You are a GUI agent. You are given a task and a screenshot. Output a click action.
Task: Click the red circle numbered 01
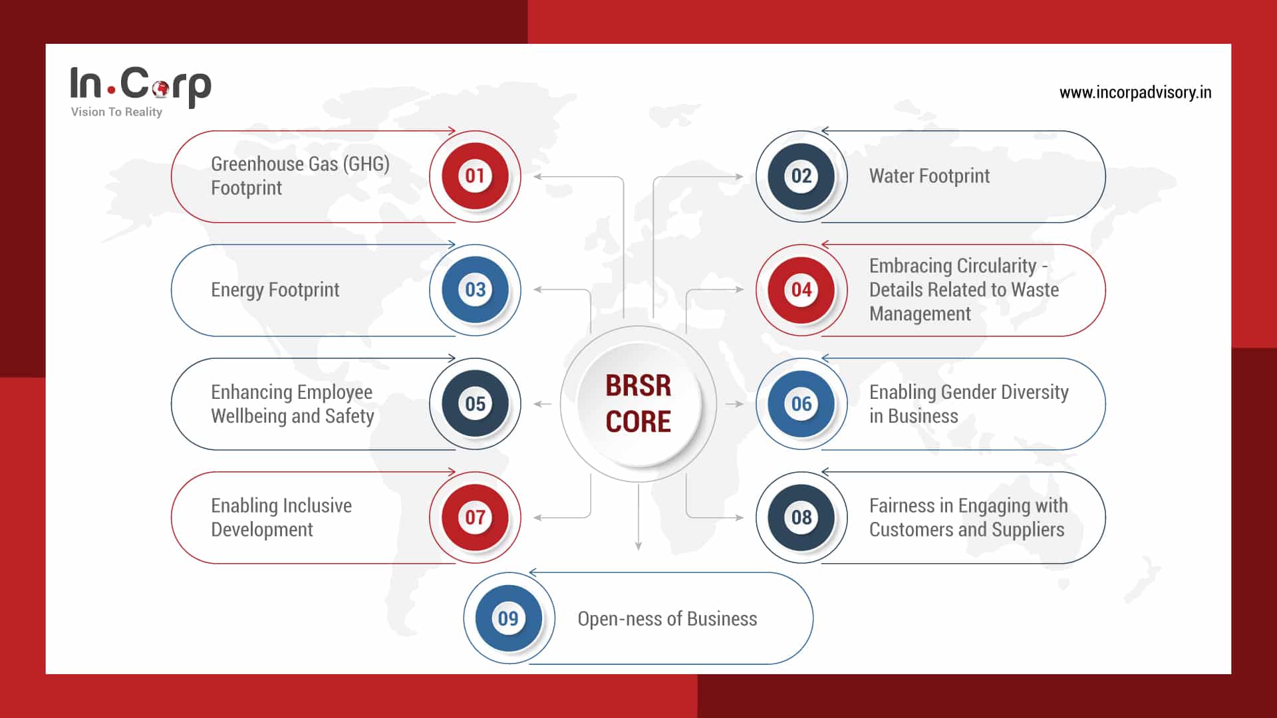pos(475,176)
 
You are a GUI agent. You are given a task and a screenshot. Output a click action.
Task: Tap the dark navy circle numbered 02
pos(801,176)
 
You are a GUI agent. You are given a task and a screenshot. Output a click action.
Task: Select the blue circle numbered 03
pos(475,290)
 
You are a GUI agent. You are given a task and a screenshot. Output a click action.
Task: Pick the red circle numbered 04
pos(801,290)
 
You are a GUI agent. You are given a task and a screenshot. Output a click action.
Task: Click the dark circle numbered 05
pos(475,404)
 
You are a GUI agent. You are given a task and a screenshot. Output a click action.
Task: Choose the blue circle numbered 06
pos(801,404)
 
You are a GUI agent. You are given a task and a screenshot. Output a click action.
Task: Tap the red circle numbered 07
pos(475,517)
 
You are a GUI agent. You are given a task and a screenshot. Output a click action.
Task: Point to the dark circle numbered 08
pos(801,517)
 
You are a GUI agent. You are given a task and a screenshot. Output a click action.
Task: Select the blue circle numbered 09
pos(509,618)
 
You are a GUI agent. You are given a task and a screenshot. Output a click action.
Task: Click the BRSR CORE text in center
pos(638,404)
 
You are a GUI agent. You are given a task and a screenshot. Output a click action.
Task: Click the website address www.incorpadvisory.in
pos(1135,92)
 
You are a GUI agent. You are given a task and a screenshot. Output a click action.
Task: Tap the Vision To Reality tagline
pos(116,112)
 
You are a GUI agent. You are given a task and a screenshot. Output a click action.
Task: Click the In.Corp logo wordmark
pos(140,84)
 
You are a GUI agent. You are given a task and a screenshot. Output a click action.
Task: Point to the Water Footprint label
pos(928,176)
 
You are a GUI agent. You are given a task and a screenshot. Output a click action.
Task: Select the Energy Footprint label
pos(275,290)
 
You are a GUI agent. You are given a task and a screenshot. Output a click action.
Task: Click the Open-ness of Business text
pos(666,619)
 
